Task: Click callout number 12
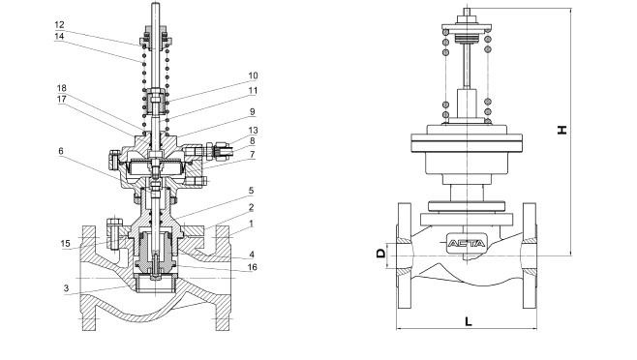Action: (59, 25)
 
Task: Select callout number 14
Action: (59, 36)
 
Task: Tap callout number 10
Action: (253, 76)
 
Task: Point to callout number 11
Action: (253, 91)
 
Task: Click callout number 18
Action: (61, 88)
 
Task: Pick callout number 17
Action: (61, 99)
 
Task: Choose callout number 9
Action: (253, 111)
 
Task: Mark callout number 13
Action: (253, 131)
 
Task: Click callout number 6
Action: (61, 151)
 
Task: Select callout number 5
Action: (251, 190)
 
